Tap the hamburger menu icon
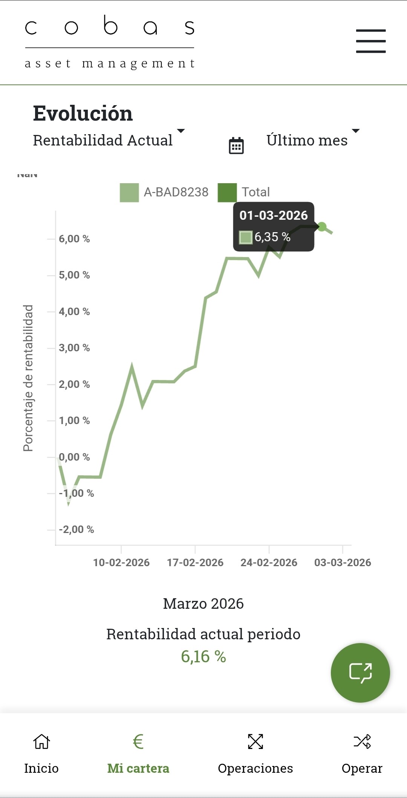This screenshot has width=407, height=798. tap(371, 41)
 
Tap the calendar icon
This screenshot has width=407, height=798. tap(236, 146)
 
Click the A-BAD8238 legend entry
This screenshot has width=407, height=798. tap(164, 192)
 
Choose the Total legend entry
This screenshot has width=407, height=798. tap(244, 192)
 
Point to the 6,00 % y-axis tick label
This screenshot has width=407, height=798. tap(74, 239)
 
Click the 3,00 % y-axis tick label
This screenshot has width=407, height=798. tap(74, 348)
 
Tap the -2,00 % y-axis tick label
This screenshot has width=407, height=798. tap(77, 530)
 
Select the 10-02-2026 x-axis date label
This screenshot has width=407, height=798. tap(121, 563)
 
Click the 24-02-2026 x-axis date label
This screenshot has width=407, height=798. tap(269, 563)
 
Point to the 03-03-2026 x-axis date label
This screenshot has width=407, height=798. tap(343, 563)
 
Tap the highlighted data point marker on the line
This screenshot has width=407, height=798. tap(322, 227)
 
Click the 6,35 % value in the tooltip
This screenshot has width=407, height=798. tap(272, 237)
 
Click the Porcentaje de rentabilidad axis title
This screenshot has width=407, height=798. tap(28, 378)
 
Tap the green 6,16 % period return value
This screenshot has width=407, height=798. tap(203, 657)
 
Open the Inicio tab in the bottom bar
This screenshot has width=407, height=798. tap(41, 754)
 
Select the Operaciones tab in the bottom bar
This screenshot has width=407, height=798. tap(255, 754)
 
